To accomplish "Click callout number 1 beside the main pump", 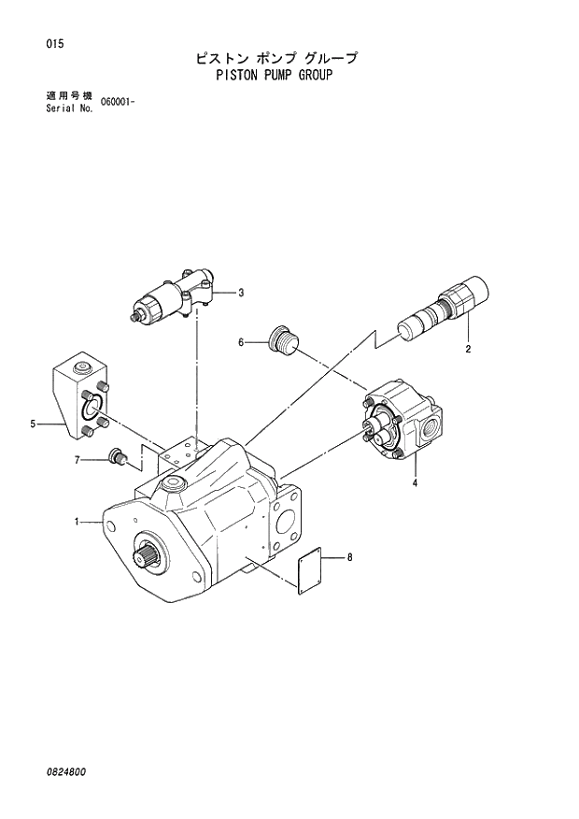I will [78, 522].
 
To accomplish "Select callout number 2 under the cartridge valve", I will [468, 349].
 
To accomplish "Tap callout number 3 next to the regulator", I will [241, 293].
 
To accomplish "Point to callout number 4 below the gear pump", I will [415, 482].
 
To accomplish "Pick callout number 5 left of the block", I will [33, 424].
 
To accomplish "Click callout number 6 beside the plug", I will [240, 342].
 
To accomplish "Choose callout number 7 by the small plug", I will [78, 459].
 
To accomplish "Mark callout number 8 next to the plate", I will [349, 558].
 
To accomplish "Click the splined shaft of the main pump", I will [149, 558].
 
